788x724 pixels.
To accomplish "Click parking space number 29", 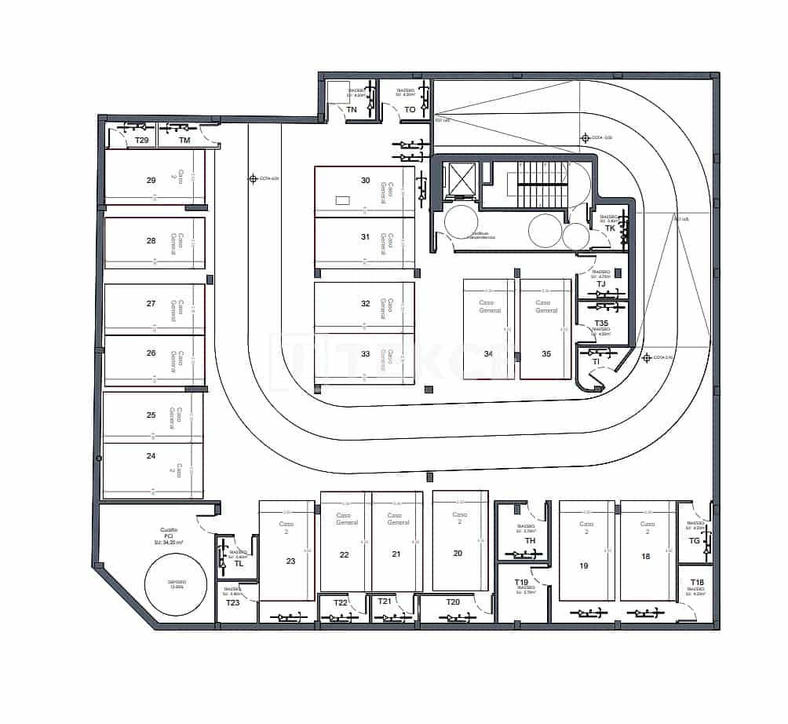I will pyautogui.click(x=151, y=180).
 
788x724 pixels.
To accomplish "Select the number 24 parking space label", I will pyautogui.click(x=151, y=455).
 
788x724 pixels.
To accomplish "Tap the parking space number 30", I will pyautogui.click(x=365, y=180).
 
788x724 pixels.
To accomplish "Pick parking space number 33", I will pyautogui.click(x=365, y=353).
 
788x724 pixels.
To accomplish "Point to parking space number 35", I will pyautogui.click(x=546, y=353).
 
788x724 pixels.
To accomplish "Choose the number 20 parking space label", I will pyautogui.click(x=459, y=553).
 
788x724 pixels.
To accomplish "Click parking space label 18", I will pyautogui.click(x=646, y=556).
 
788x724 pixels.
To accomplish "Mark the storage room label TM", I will pyautogui.click(x=184, y=141).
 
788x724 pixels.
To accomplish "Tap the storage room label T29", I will pyautogui.click(x=141, y=141).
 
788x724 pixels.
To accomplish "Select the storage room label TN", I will pyautogui.click(x=352, y=110).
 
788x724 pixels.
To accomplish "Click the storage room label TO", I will pyautogui.click(x=410, y=110).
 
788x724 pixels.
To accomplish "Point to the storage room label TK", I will pyautogui.click(x=610, y=229).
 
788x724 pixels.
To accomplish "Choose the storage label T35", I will pyautogui.click(x=601, y=323).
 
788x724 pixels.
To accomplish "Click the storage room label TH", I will pyautogui.click(x=530, y=541).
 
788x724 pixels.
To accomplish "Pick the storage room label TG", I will pyautogui.click(x=694, y=540).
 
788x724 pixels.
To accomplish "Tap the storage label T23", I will pyautogui.click(x=232, y=602).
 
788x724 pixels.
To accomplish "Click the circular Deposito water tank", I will pyautogui.click(x=176, y=584).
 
